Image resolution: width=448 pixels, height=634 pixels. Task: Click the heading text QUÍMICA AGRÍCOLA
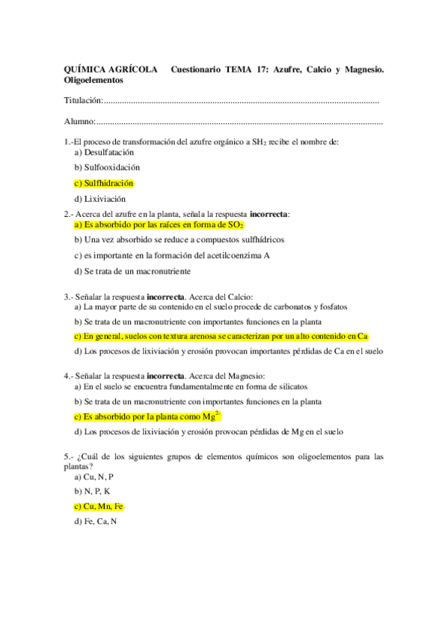(x=111, y=70)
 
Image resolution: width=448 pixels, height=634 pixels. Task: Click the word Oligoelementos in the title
(x=94, y=79)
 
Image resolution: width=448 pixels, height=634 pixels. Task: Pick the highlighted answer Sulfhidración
(x=104, y=183)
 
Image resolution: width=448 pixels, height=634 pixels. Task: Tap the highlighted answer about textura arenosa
(x=221, y=336)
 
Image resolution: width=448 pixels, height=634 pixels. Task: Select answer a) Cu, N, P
(x=93, y=476)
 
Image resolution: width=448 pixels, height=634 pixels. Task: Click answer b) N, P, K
(x=92, y=491)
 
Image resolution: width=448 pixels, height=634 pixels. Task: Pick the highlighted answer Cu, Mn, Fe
(x=98, y=507)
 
